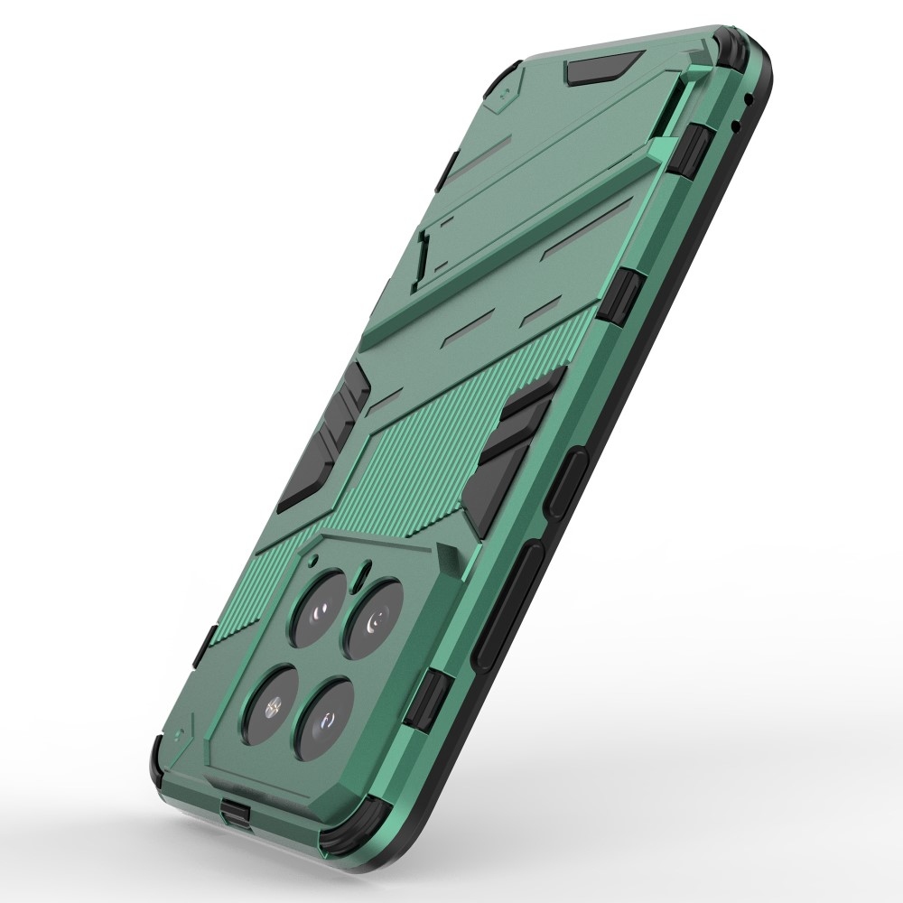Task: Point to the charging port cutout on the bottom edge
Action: tap(237, 810)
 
